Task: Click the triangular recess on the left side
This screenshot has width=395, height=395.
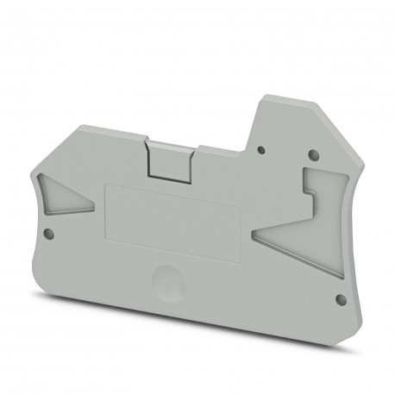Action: pos(64,198)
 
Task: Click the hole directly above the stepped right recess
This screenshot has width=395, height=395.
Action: pos(313,155)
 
